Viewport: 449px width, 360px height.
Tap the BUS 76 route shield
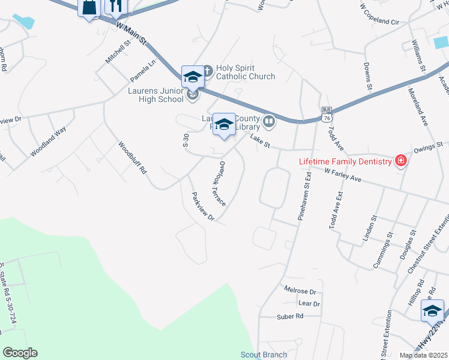point(327,115)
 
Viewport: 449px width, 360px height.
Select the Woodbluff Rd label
point(132,157)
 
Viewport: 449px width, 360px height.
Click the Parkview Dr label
point(202,207)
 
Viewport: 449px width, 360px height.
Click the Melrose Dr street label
point(300,291)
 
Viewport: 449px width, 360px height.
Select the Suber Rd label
point(290,316)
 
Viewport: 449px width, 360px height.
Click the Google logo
point(20,353)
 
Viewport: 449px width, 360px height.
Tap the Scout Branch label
point(264,355)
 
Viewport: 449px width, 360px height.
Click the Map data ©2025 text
point(424,355)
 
